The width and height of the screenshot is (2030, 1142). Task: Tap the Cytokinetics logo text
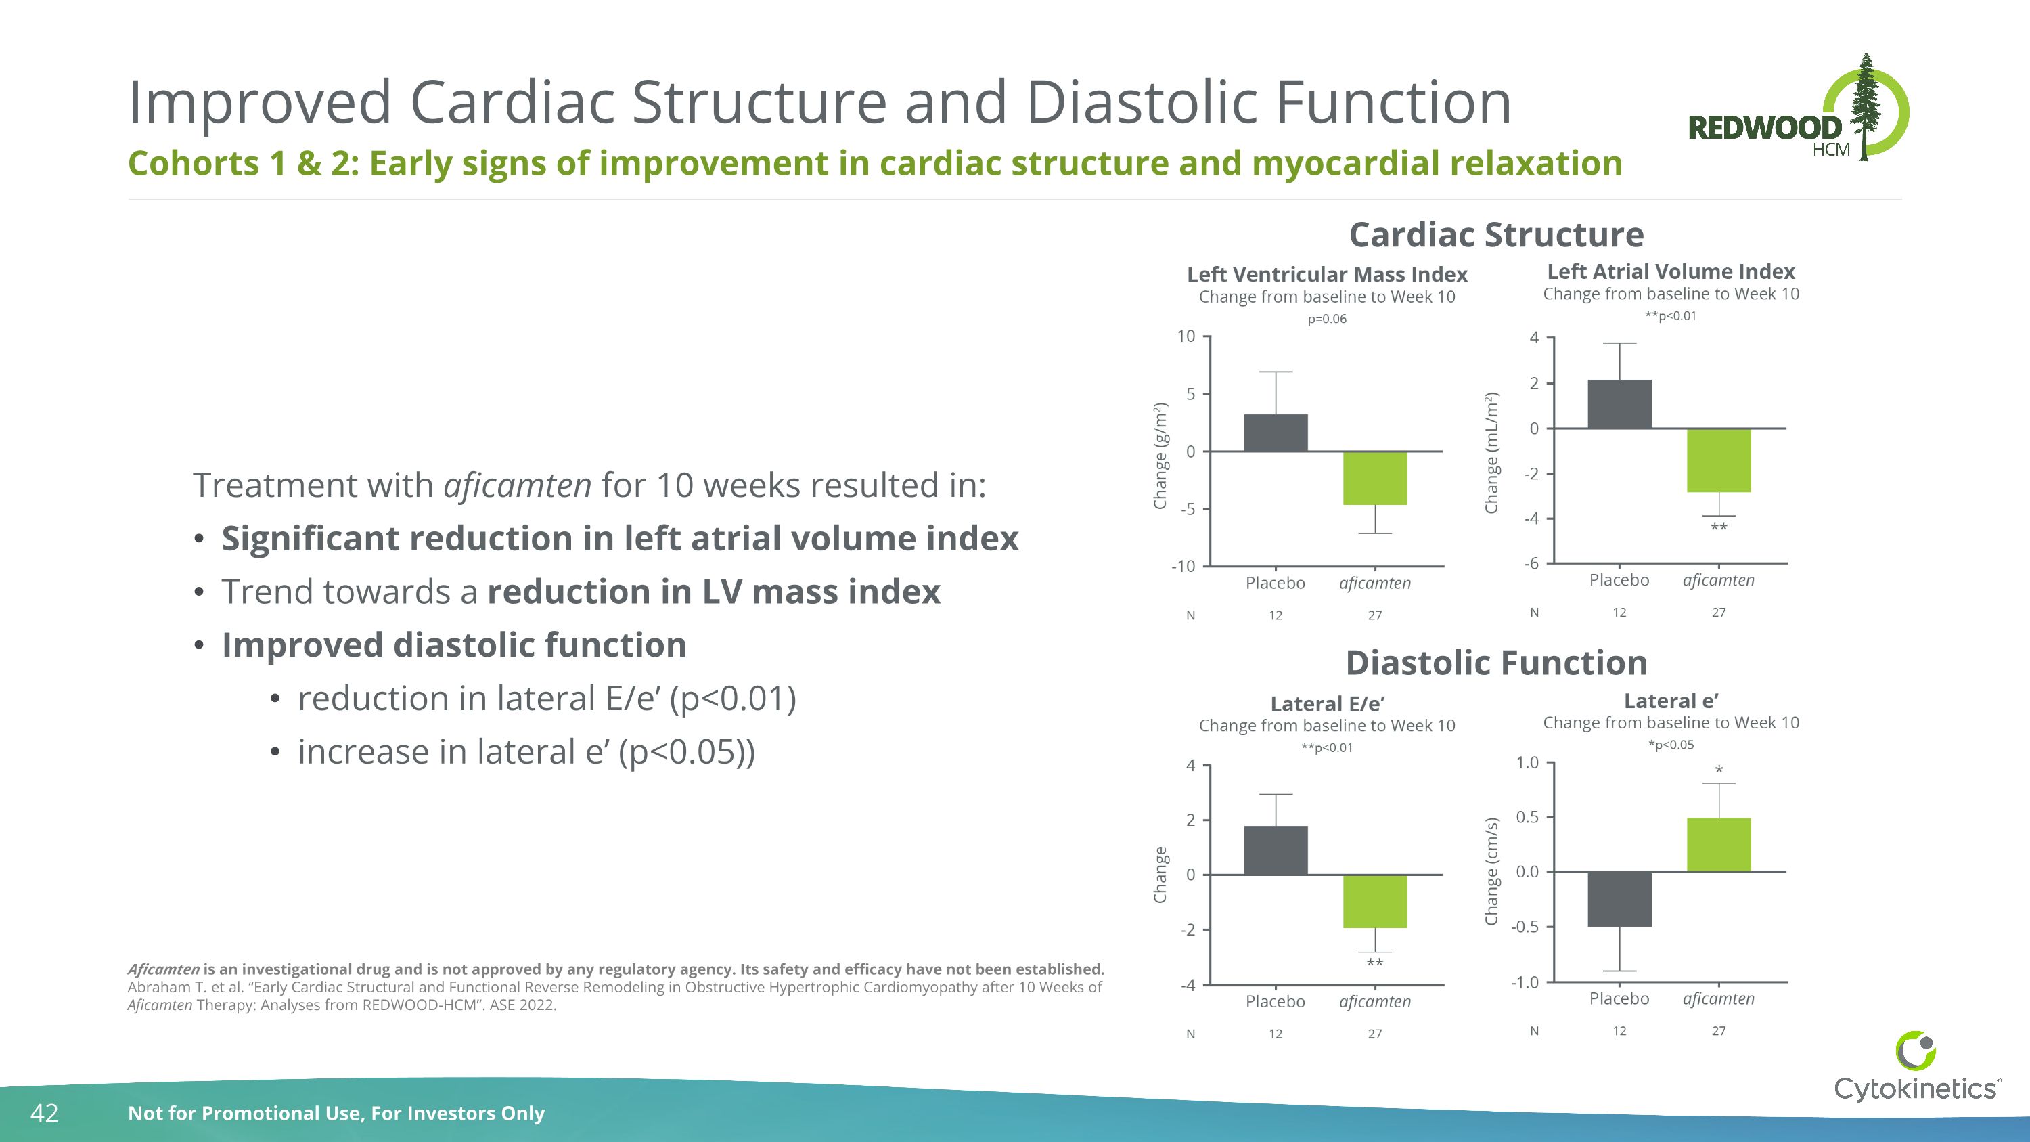[1915, 1089]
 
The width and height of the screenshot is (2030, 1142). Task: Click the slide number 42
[44, 1113]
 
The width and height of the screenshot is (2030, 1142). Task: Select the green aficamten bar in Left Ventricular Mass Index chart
[1374, 479]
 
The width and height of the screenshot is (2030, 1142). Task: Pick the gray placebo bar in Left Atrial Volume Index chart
[1619, 404]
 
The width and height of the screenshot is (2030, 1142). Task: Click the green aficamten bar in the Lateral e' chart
[1718, 844]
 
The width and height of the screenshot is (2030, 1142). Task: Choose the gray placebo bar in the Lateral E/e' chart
[1275, 850]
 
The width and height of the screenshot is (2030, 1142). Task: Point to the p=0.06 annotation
[1327, 320]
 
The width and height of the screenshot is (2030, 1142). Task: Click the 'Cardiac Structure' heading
[1495, 235]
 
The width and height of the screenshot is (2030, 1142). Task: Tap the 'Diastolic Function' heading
[1495, 663]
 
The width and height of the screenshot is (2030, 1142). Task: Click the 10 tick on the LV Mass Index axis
[1186, 336]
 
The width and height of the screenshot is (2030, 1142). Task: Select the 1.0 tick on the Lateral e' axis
[1527, 762]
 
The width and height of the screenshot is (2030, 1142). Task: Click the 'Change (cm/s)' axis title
[1490, 871]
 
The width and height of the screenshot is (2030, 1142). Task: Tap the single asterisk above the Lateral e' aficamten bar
[1719, 770]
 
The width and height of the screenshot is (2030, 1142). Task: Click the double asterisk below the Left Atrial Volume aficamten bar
[1719, 527]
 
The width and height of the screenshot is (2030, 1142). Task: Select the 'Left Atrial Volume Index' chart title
[1671, 272]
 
